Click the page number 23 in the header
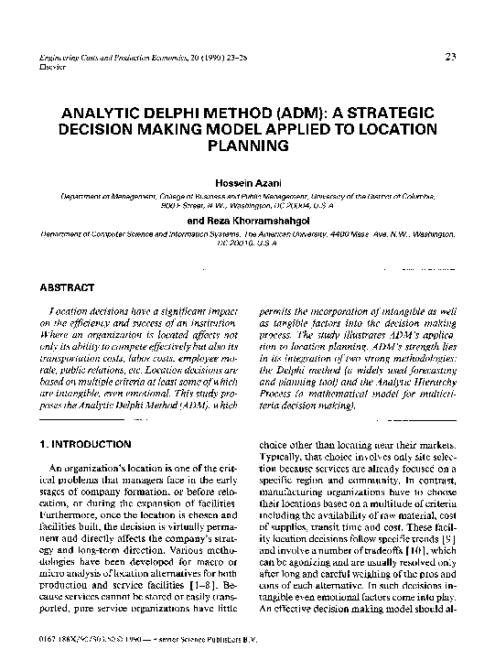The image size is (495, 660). point(450,58)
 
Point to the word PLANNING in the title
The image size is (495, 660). point(248,145)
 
